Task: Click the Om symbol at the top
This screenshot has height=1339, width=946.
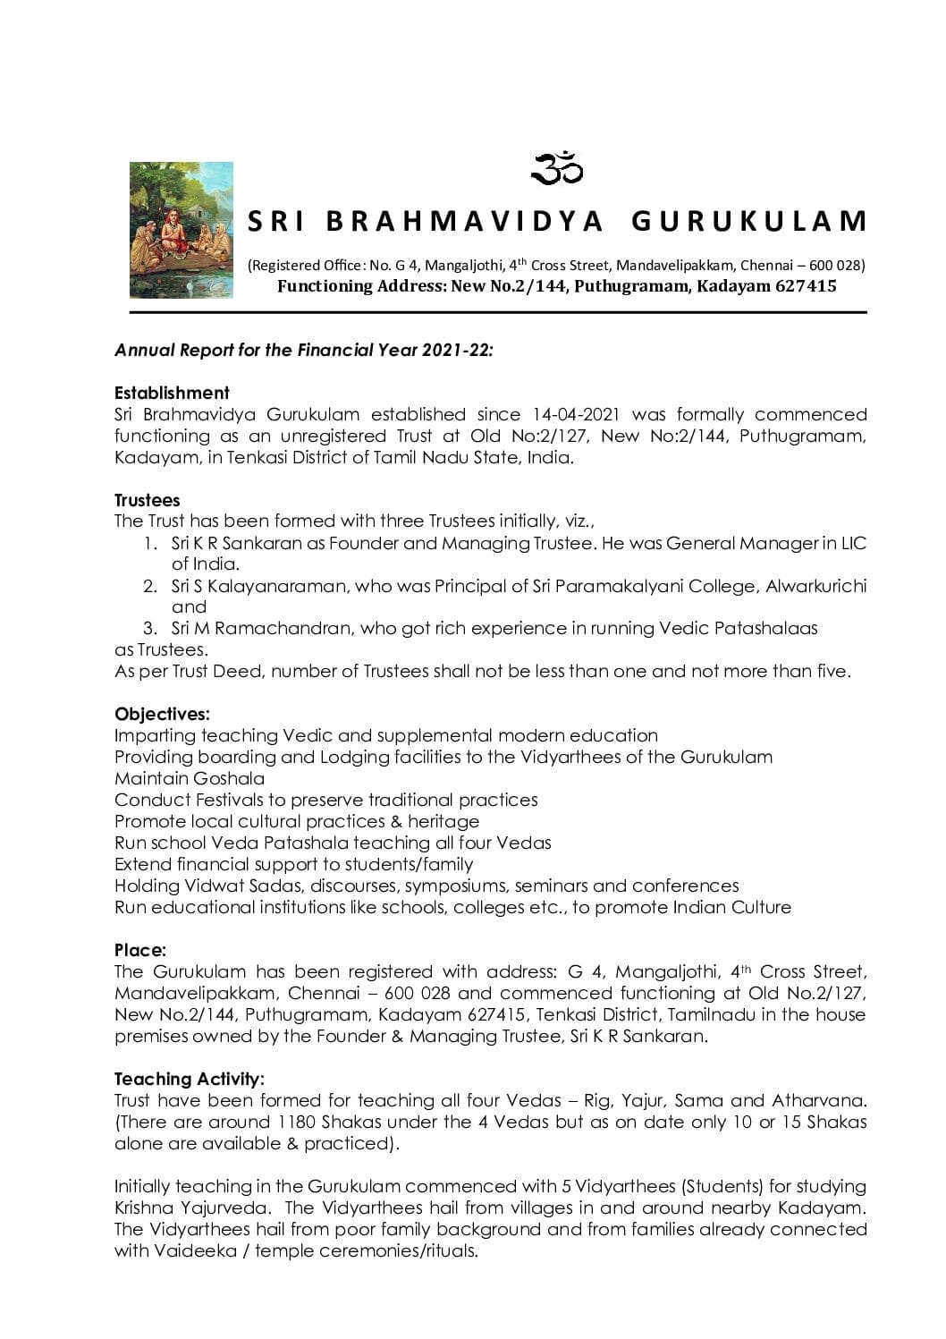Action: coord(558,168)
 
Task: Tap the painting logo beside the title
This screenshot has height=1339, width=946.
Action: coord(182,230)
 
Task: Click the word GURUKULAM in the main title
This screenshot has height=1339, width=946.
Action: coord(749,221)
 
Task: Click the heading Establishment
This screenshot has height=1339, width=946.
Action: coord(172,393)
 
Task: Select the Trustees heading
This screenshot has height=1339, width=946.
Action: coord(148,500)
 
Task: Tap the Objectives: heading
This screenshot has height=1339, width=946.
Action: coord(163,714)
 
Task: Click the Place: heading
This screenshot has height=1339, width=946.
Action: coord(140,950)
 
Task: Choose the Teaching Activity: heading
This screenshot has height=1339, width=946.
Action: coord(190,1079)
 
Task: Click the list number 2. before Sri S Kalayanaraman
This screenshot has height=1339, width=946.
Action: coord(150,586)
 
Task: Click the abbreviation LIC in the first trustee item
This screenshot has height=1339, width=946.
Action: coord(854,543)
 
